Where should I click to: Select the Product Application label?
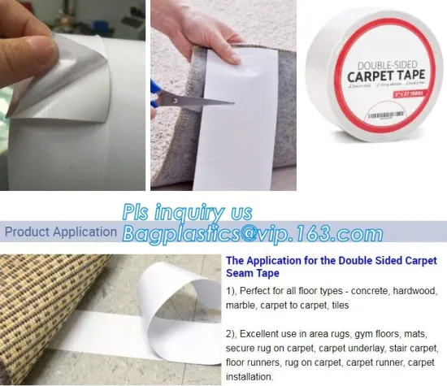click(60, 232)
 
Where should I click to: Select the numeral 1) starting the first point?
click(232, 290)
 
